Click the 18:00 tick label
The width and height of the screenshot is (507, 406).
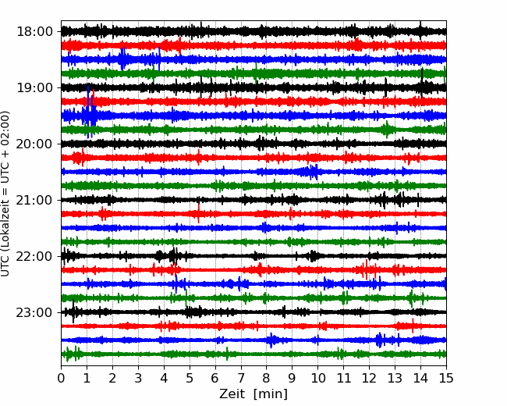coord(34,32)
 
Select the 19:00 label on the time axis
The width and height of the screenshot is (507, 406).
coord(34,87)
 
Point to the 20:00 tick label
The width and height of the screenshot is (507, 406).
coord(34,144)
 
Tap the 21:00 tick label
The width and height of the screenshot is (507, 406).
coord(34,200)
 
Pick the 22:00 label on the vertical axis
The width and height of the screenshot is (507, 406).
coord(34,256)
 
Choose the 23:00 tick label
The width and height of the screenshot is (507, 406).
coord(34,312)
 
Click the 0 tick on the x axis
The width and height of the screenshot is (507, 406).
coord(61,378)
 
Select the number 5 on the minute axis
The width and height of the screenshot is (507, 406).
coord(190,378)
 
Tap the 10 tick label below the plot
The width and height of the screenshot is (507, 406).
coord(317,378)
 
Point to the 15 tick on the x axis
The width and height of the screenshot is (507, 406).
coord(446,378)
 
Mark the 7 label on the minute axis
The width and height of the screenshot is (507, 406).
coord(241,378)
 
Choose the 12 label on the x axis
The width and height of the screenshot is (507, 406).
coord(369,378)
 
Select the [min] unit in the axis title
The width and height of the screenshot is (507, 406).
coord(271,394)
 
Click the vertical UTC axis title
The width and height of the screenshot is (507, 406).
coord(5,194)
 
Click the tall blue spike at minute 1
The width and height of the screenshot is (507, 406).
coord(88,112)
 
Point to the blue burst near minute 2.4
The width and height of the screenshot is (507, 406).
coord(122,59)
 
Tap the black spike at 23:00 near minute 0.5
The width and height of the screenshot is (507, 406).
coord(73,312)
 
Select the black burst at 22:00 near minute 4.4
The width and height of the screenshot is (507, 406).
coord(174,256)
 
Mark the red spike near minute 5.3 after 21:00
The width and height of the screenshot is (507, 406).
coord(198,212)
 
